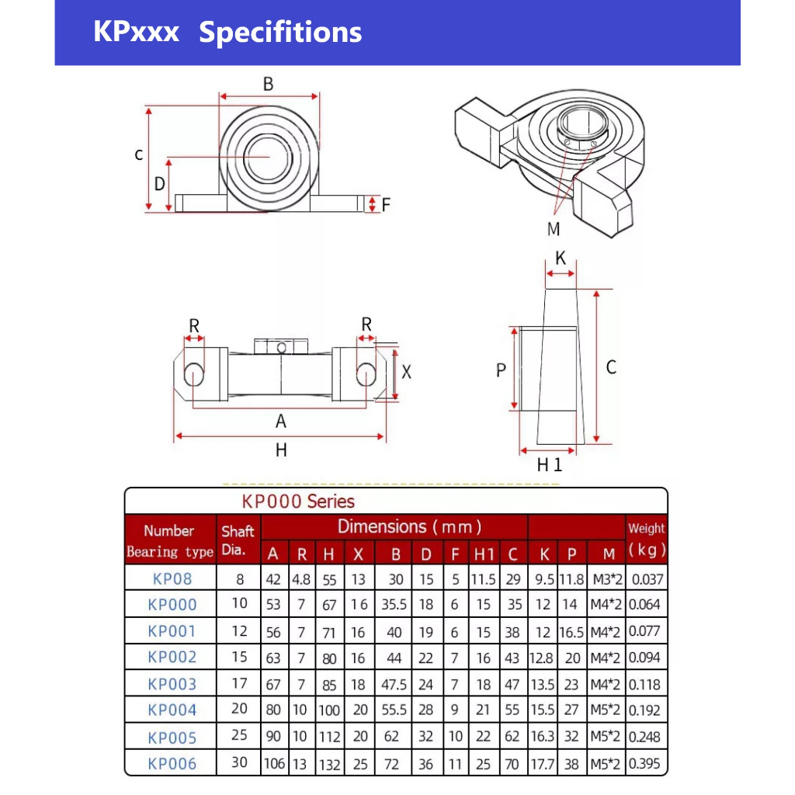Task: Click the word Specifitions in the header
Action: [x=280, y=33]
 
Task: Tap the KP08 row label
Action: [x=172, y=579]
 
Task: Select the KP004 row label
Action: [x=172, y=710]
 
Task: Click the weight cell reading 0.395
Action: [x=644, y=764]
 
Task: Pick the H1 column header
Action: [x=484, y=554]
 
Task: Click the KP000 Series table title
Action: [x=298, y=502]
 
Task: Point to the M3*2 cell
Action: [x=607, y=579]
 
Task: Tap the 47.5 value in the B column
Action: [x=394, y=685]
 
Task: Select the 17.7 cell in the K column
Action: [x=543, y=764]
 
